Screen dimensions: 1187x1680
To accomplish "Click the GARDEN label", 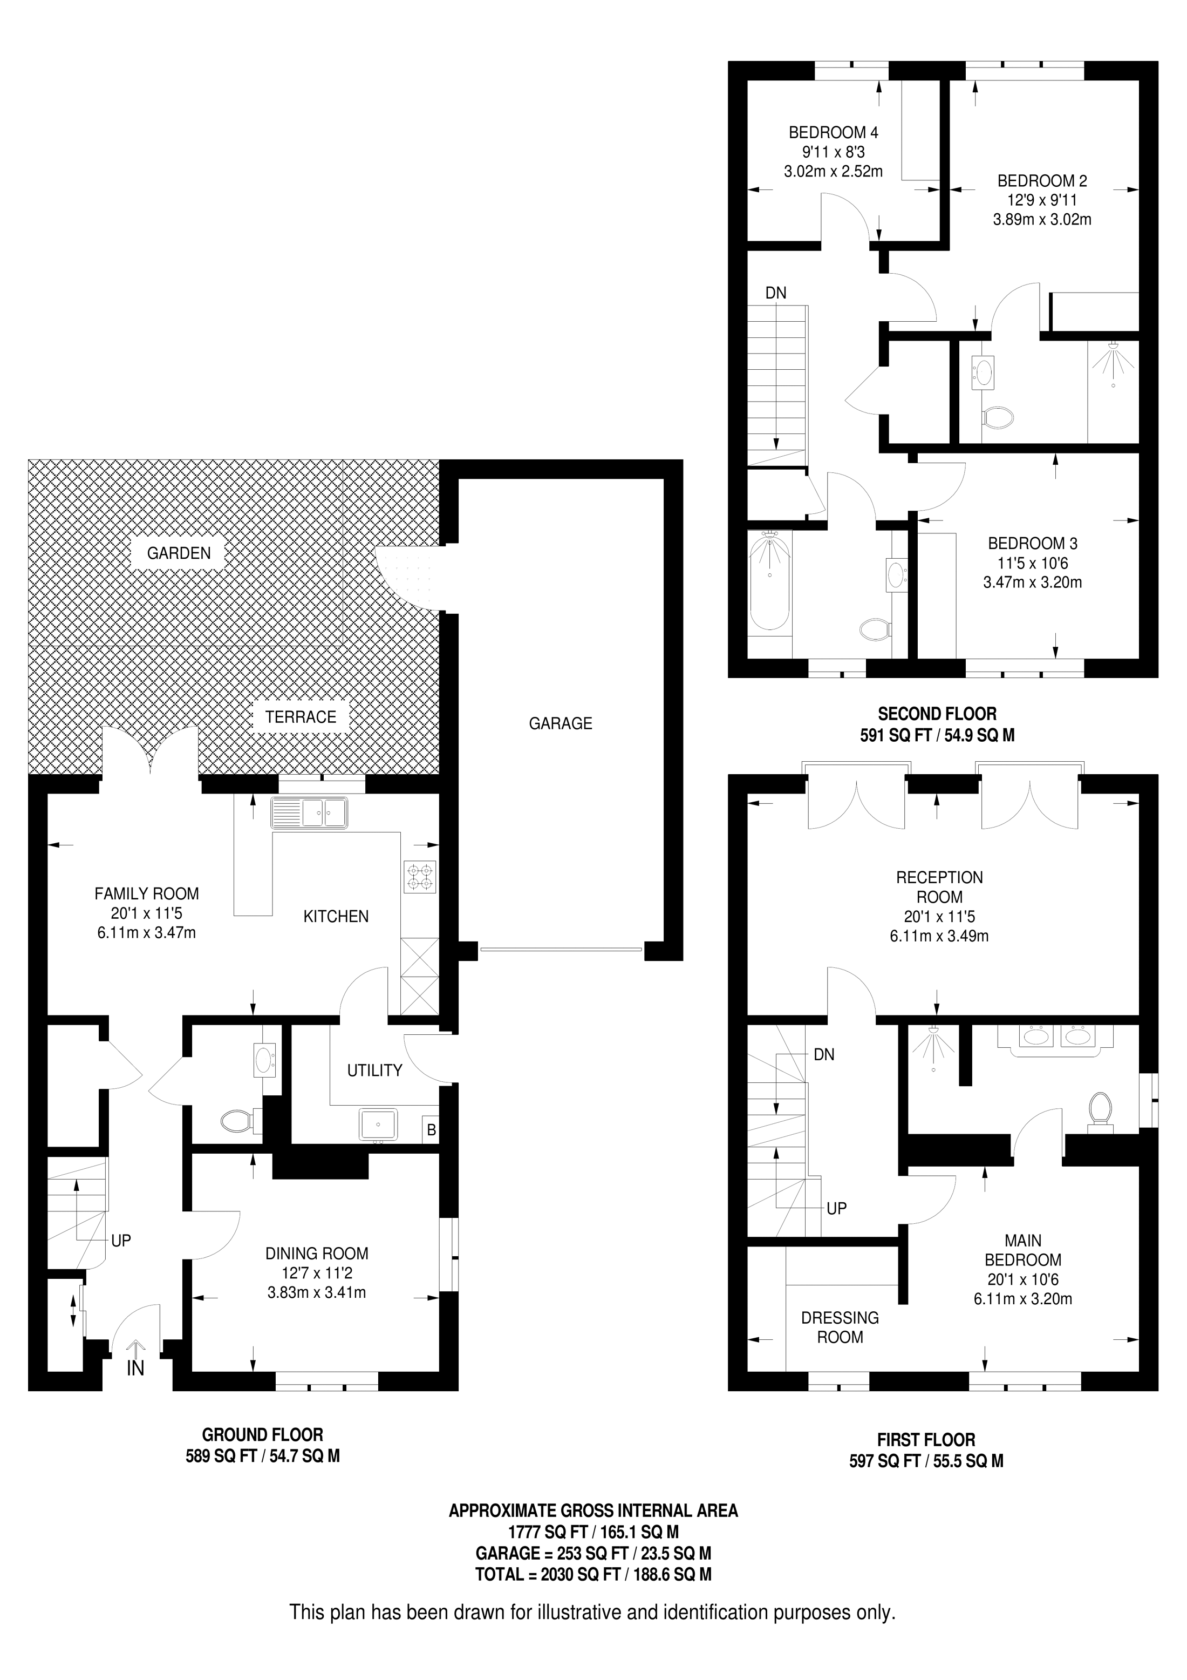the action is point(179,553).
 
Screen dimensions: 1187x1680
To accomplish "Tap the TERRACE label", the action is point(301,717).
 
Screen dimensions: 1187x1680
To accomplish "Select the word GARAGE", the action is point(560,723).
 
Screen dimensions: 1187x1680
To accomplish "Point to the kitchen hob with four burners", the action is point(420,877).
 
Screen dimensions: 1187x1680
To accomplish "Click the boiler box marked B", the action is point(431,1130).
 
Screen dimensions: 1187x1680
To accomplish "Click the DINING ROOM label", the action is point(317,1254).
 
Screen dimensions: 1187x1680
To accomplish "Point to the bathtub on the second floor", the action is point(769,580).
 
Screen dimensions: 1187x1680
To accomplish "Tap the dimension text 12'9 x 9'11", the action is point(1041,200).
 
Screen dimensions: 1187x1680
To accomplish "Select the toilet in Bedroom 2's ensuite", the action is point(998,418).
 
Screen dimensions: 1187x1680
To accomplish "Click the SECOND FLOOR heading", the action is point(937,714).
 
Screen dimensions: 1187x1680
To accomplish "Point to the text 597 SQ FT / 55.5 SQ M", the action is point(926,1461).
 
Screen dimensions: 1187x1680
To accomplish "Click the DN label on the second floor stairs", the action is point(775,293).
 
